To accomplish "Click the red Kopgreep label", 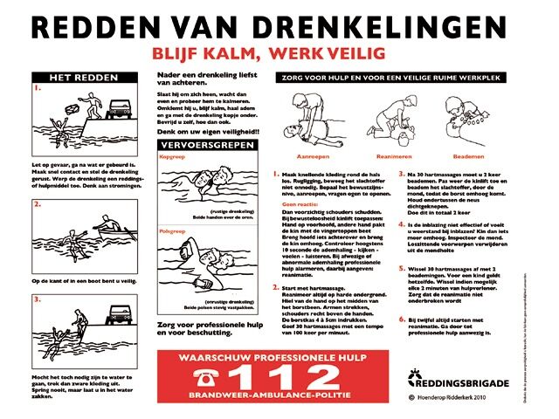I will click(x=171, y=157).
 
